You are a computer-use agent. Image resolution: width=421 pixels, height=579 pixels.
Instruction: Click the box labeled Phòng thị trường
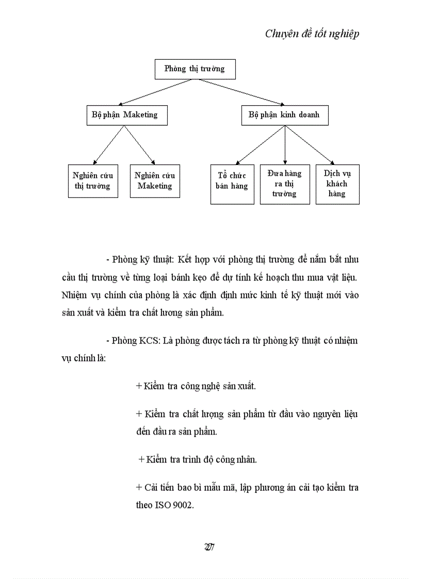coord(195,69)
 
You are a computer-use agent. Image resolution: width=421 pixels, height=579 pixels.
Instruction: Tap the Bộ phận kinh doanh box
coord(284,115)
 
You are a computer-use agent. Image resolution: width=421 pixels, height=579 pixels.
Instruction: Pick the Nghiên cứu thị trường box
coord(93,181)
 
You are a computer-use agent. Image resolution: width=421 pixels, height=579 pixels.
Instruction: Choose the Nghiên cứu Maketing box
coord(155,181)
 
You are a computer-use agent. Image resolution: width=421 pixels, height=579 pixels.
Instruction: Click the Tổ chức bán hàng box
coord(232,184)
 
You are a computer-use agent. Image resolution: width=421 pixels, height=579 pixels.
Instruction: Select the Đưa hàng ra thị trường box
coord(285,184)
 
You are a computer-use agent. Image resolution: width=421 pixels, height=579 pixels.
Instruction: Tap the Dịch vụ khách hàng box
coord(337,184)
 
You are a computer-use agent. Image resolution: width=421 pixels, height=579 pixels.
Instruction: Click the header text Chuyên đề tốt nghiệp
coord(312,34)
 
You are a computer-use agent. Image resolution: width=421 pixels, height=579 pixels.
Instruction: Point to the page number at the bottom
coord(209,547)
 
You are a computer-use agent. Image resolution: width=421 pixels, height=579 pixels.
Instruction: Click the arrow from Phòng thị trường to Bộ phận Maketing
coord(155,92)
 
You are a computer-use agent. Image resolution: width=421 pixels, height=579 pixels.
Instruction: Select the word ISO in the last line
coord(162,505)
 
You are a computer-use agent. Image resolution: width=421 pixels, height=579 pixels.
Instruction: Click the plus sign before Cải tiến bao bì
coord(139,487)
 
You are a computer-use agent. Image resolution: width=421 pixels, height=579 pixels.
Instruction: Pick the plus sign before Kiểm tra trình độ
coord(141,459)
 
